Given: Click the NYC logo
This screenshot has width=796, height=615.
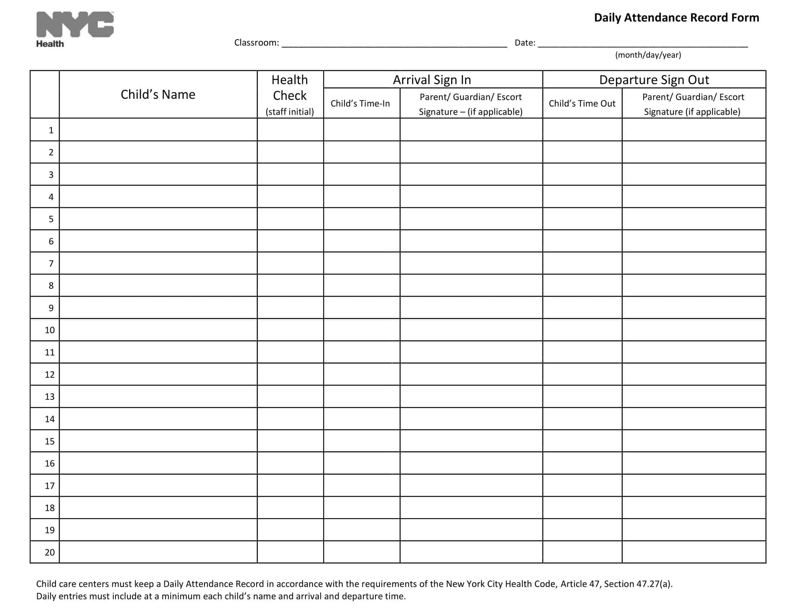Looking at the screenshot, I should coord(75,24).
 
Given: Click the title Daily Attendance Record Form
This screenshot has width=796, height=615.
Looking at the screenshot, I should coord(676,17).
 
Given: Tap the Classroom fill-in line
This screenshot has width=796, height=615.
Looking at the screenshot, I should coord(394,44).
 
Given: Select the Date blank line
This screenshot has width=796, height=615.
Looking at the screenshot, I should coord(643,44).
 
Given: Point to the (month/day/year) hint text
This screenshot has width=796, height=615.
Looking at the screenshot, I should coord(648,55).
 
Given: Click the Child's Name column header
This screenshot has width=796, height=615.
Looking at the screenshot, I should coord(158,94).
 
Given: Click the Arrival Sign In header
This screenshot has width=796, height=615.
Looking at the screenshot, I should coord(432,80).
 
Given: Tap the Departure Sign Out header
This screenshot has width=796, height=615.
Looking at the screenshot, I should coord(654,80).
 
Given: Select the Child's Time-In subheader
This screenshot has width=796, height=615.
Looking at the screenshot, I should coord(360,103).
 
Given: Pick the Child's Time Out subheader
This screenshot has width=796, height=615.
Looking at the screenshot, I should coord(582,103).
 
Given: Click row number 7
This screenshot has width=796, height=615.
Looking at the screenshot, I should coord(51,263).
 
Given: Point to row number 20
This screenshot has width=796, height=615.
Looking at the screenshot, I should coord(50,552).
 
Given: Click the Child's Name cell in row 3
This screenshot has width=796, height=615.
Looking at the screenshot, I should coord(158,174).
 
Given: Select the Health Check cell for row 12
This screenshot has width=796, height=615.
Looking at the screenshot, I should coord(290,374).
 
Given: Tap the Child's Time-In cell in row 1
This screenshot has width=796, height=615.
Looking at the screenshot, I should coord(361,130).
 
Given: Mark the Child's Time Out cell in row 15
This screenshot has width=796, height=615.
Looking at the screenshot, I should coord(582,441).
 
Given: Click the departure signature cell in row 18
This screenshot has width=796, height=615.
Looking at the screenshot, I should coord(694,508).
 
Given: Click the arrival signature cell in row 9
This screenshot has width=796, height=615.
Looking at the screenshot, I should coord(471,308).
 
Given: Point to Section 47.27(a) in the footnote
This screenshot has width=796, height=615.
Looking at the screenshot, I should coord(638,584).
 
